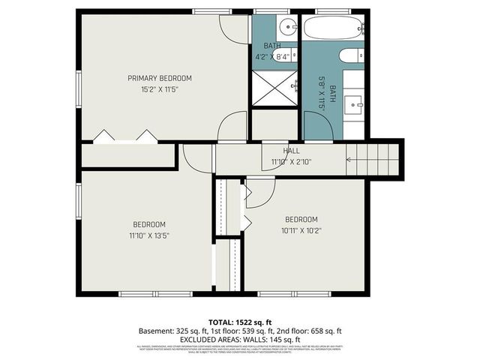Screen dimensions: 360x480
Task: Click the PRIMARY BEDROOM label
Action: click(159, 78)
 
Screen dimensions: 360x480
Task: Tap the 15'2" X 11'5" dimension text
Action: click(159, 89)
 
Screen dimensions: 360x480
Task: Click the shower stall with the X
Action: click(274, 87)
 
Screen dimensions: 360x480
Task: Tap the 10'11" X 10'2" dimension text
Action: click(302, 230)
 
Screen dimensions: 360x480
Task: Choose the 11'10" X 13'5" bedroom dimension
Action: click(149, 235)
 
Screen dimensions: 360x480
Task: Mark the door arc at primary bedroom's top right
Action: click(234, 28)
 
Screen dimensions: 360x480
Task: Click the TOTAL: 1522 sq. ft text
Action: click(240, 320)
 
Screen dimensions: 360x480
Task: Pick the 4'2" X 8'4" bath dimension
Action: click(272, 56)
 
